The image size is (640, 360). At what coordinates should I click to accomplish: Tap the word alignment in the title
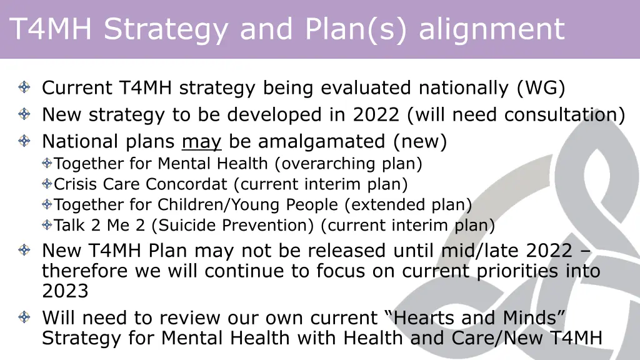coord(491,29)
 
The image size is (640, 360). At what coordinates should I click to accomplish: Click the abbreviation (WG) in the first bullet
coord(541,88)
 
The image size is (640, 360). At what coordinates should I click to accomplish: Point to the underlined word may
coord(201,142)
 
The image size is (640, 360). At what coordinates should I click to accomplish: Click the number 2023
coord(65,291)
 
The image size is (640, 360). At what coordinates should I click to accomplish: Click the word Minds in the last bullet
coord(527,318)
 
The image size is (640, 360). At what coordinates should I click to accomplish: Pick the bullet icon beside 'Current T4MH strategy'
coord(24,88)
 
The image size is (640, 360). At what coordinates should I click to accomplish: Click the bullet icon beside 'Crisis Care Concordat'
coord(47,184)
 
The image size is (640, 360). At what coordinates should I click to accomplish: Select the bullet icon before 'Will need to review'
coord(24,318)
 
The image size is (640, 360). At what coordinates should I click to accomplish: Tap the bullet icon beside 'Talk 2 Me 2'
coord(47,225)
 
